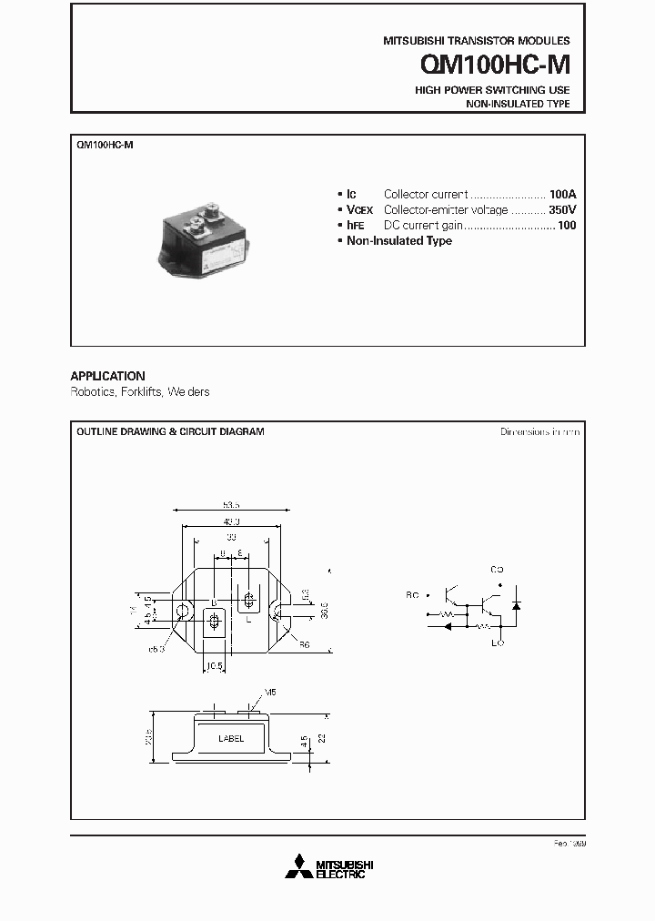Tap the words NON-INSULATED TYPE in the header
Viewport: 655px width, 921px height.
(518, 105)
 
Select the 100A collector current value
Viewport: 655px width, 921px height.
(562, 194)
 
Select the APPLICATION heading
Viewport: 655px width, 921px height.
(107, 376)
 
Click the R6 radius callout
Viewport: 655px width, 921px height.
(305, 643)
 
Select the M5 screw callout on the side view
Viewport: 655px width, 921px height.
(269, 693)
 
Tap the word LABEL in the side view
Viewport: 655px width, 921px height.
(231, 739)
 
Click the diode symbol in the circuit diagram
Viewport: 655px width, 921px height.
(518, 604)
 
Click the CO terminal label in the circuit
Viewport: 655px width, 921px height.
(497, 570)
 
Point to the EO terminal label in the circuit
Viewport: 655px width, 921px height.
(497, 643)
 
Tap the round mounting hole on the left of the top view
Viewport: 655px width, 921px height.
(183, 611)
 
